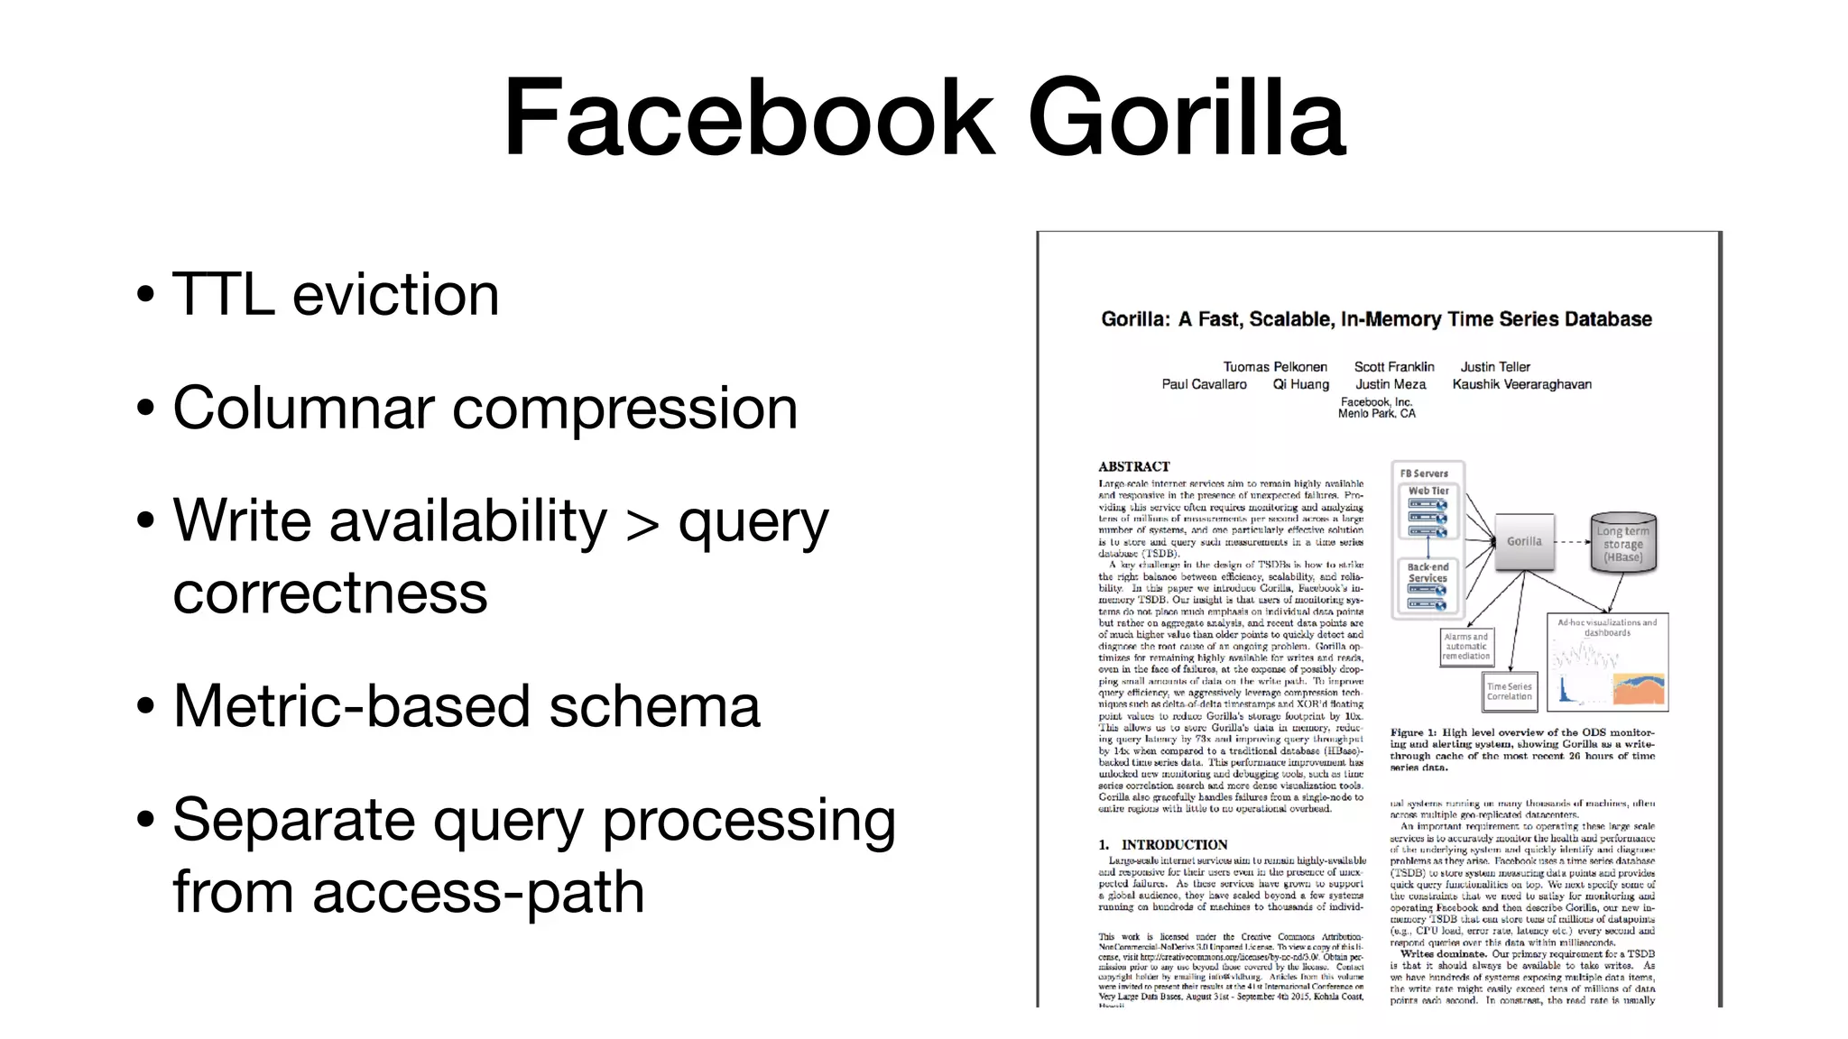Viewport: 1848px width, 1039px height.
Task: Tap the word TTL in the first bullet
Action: [x=223, y=295]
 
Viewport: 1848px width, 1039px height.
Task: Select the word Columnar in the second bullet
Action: [x=302, y=409]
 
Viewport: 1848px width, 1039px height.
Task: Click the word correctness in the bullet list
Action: [x=329, y=594]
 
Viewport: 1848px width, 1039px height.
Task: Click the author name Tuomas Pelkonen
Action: [x=1274, y=367]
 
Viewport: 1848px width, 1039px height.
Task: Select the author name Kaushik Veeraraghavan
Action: [x=1521, y=384]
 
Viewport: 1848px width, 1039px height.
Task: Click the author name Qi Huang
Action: [x=1300, y=384]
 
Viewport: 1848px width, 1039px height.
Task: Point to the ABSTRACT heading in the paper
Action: [x=1133, y=466]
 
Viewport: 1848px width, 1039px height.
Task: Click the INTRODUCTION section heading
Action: [x=1173, y=845]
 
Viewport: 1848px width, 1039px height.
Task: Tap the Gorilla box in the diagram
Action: [x=1524, y=541]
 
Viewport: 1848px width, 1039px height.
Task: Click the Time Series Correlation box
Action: [x=1509, y=691]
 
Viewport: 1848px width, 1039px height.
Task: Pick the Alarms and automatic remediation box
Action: [x=1465, y=647]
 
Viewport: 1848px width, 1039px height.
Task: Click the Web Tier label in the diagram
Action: [x=1428, y=492]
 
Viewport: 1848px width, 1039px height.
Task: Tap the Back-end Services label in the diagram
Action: [x=1428, y=573]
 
